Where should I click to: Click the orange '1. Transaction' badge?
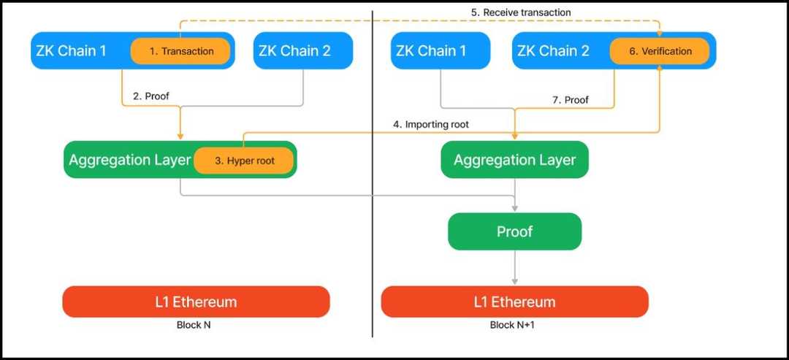click(180, 51)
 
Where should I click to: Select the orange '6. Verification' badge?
click(660, 51)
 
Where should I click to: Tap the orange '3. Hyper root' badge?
click(244, 161)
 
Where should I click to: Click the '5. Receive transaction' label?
click(520, 12)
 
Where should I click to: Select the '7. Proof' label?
click(571, 99)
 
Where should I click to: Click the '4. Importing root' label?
click(431, 125)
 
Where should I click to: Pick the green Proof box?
click(514, 231)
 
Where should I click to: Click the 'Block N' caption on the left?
click(194, 325)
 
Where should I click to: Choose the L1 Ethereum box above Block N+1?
click(514, 302)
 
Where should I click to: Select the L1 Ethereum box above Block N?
click(196, 302)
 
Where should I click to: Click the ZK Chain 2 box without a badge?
click(303, 50)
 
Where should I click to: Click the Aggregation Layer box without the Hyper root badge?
click(514, 160)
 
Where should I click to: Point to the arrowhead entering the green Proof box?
click(515, 209)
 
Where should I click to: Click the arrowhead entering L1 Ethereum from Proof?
click(515, 281)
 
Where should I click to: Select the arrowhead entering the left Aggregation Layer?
click(180, 137)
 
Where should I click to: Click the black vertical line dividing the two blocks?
click(373, 183)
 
